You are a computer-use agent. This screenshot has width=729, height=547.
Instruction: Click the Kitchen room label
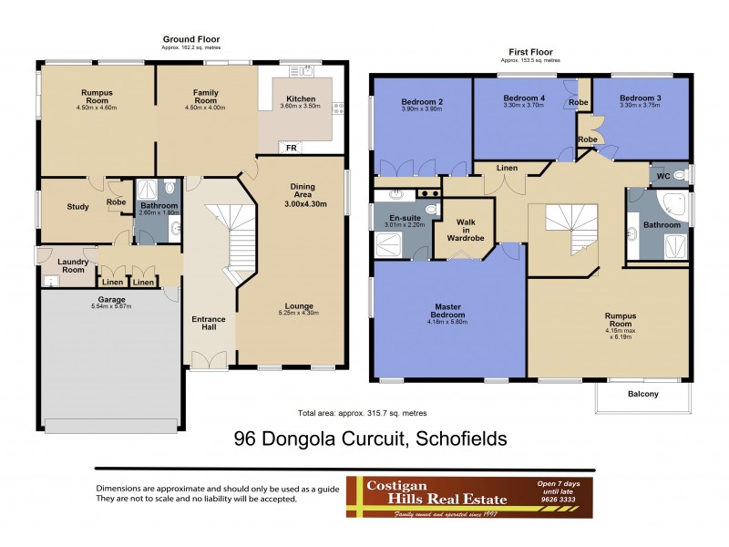(301, 98)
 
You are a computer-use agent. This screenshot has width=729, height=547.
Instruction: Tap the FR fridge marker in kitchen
(291, 148)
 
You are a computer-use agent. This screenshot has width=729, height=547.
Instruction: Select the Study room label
(77, 207)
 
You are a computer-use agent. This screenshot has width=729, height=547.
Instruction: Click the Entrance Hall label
(209, 325)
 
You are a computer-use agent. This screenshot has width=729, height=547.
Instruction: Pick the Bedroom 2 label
(422, 101)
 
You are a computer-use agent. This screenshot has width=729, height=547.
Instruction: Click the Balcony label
(642, 394)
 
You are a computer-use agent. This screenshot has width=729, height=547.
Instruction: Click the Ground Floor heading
(190, 38)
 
